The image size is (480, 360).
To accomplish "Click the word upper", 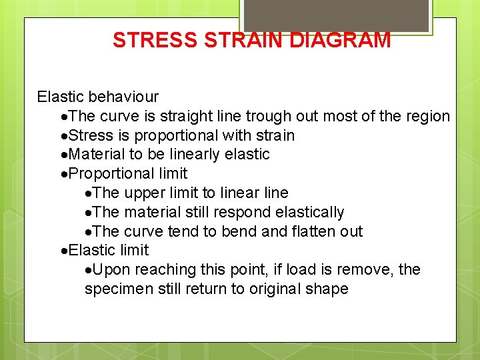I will [143, 193].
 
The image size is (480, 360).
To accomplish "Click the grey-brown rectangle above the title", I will [335, 15].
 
